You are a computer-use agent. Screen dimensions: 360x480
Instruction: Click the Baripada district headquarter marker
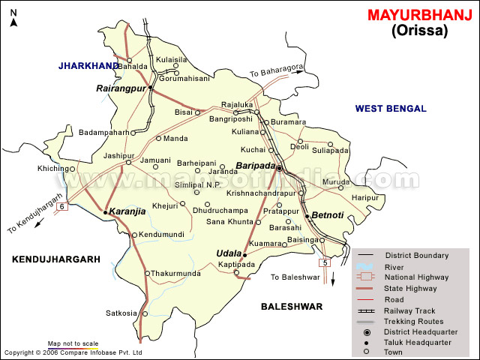pos(279,169)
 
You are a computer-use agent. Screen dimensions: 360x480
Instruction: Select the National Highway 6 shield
pos(62,206)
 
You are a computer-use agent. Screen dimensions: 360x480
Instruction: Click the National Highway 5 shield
pos(324,262)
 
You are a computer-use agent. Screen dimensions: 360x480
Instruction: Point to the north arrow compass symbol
pos(13,16)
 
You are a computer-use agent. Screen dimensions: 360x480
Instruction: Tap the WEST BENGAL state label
pos(391,109)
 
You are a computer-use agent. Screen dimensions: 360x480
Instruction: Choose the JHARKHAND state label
pos(88,66)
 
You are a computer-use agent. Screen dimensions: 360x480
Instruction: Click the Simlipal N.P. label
pos(198,184)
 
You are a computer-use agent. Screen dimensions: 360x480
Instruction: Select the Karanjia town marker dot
pos(106,212)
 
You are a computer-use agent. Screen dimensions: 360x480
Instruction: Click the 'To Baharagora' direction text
pos(277,71)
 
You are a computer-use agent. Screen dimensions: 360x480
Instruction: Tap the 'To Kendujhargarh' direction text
pos(31,217)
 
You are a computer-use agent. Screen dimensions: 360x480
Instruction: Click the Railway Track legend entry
pos(410,310)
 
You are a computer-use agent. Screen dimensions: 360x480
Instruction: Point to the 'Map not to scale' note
pos(73,343)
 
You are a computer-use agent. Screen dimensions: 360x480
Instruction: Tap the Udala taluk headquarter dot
pos(244,255)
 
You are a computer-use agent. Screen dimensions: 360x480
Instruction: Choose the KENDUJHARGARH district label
pos(55,259)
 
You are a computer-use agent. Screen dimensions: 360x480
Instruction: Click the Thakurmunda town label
pos(177,274)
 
